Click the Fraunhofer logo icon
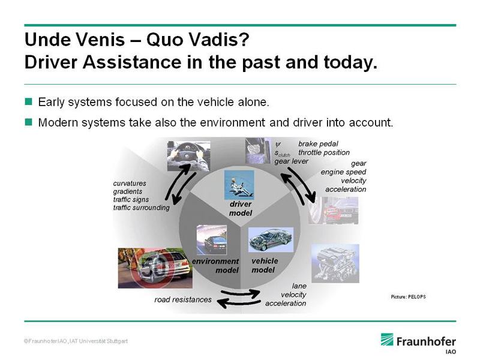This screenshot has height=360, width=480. click(387, 340)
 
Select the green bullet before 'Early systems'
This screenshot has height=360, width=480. click(28, 101)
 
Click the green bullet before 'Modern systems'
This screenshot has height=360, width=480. click(28, 122)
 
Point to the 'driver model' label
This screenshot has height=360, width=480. click(241, 208)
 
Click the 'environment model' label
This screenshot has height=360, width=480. click(215, 266)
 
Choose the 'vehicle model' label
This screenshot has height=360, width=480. click(265, 265)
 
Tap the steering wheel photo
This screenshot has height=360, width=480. click(189, 156)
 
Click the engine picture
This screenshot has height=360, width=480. click(335, 263)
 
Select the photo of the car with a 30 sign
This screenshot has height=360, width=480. click(155, 268)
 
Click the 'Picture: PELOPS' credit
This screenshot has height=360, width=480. click(409, 296)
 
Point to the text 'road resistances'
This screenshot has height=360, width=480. click(183, 299)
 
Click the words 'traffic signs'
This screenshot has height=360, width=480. click(131, 199)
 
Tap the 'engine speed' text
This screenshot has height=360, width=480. click(343, 172)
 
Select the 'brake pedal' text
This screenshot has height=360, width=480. click(318, 144)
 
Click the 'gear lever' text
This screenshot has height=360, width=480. click(291, 161)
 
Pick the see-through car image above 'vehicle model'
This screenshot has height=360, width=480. click(271, 239)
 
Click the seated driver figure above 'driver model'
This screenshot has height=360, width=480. click(239, 185)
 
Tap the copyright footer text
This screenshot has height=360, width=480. click(76, 341)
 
